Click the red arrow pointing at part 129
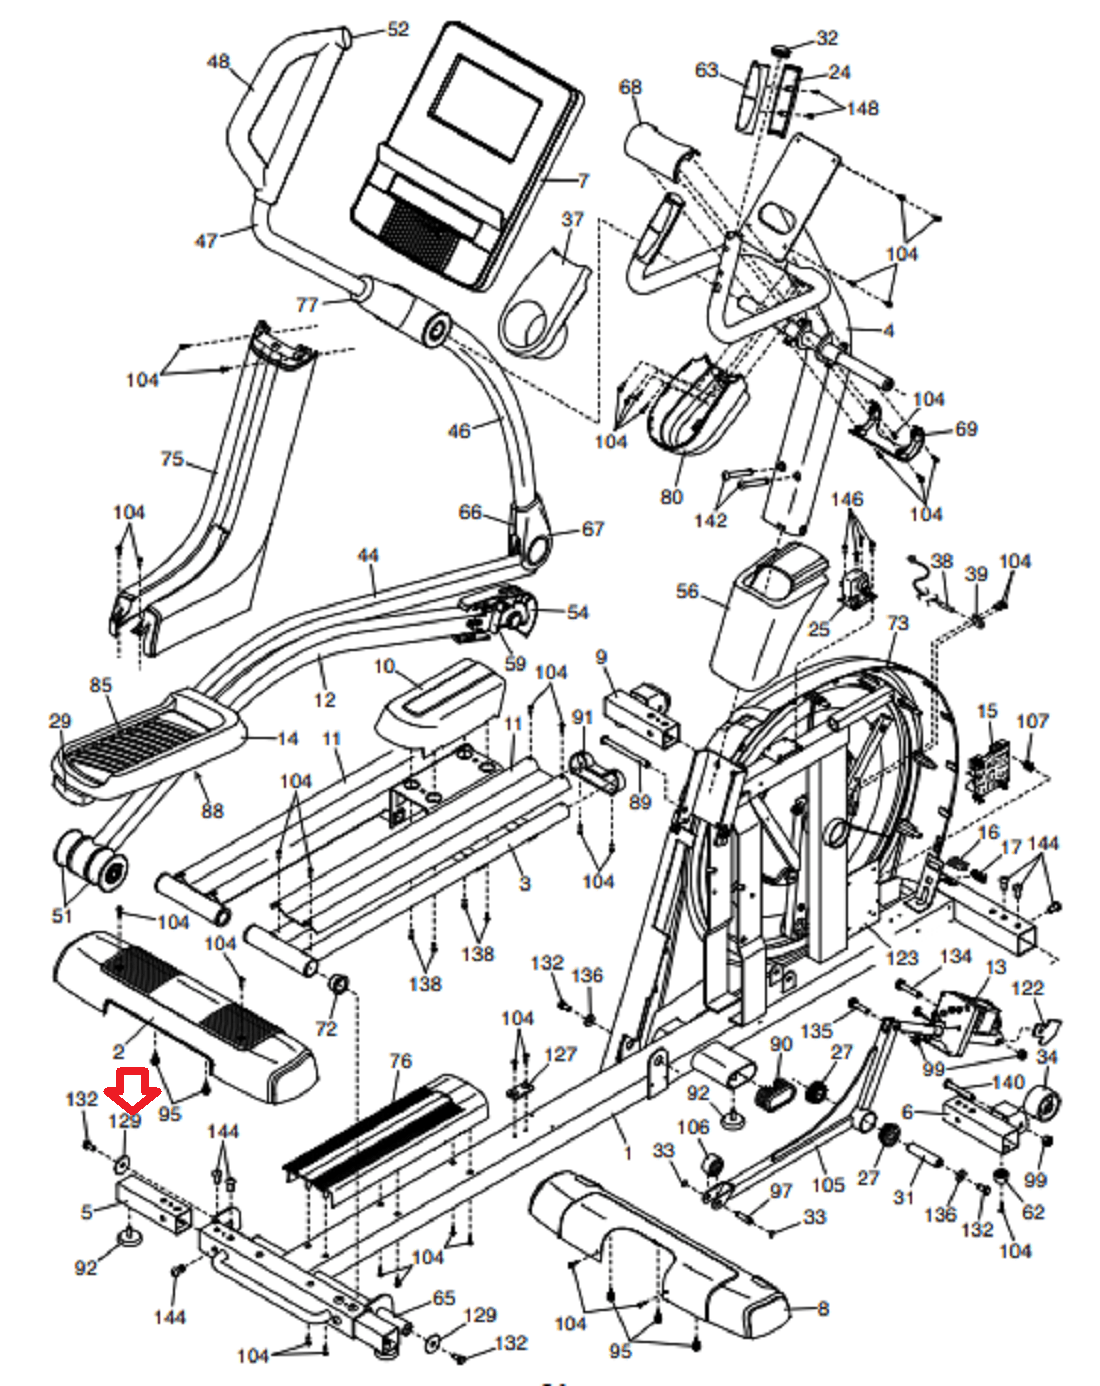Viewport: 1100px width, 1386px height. [132, 1089]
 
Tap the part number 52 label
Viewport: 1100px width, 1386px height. [398, 29]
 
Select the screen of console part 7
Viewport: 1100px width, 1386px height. [486, 108]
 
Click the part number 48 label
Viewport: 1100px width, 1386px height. [218, 61]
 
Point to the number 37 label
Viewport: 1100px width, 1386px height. [572, 219]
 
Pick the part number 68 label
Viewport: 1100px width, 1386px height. [630, 87]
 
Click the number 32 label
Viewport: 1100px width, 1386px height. [827, 38]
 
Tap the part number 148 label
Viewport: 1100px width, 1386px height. [862, 108]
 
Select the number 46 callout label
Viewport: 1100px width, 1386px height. [459, 430]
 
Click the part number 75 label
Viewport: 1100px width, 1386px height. [172, 459]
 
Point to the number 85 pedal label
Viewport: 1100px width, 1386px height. [100, 685]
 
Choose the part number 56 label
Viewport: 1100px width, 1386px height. [687, 591]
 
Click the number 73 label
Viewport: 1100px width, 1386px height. [897, 623]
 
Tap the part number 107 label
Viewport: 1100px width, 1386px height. [1032, 721]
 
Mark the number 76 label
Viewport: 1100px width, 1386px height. [400, 1061]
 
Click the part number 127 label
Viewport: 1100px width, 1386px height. [560, 1054]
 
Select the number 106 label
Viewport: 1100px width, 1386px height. [693, 1127]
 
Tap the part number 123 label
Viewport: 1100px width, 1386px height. [902, 958]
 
